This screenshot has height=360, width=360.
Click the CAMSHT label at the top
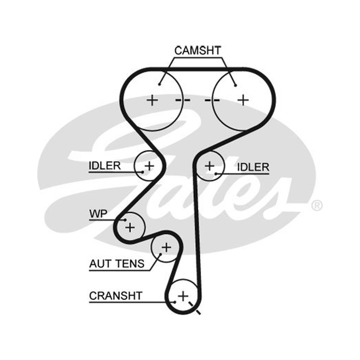[198, 50]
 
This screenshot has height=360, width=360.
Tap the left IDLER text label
[105, 166]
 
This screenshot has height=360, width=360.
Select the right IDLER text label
[253, 167]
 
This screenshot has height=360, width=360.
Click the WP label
[98, 214]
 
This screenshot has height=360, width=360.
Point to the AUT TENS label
[117, 264]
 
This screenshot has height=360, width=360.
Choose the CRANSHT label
[116, 296]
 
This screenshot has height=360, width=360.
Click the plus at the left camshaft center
[152, 100]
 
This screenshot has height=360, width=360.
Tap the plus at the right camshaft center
[243, 100]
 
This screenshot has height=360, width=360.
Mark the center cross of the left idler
[149, 166]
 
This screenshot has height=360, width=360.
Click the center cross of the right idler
[210, 166]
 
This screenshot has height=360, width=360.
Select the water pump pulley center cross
[130, 228]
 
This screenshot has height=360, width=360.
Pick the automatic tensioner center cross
[166, 247]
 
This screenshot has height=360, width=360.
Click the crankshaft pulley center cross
[183, 296]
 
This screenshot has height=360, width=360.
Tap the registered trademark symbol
[317, 206]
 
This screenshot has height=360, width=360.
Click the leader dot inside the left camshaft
[160, 85]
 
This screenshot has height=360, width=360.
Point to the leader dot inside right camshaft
[235, 85]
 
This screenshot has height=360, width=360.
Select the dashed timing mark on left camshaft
[183, 100]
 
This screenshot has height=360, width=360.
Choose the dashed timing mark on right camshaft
[212, 100]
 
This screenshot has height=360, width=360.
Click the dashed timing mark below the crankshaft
[194, 308]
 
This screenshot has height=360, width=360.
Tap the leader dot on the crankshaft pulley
[175, 302]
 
